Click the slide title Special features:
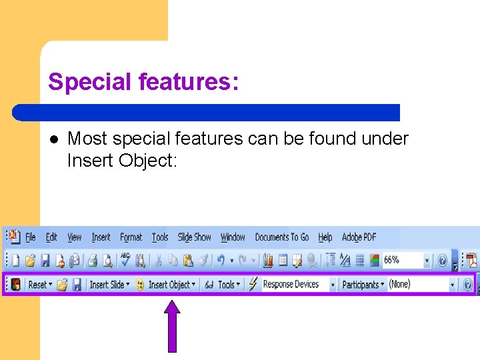pos(143,82)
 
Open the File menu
pos(31,237)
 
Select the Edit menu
pos(51,237)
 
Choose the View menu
pos(75,237)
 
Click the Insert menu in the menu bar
pos(101,237)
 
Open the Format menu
pos(131,237)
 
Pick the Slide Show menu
pos(194,237)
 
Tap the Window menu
pos(233,237)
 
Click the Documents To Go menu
pos(282,237)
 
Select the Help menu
pos(325,237)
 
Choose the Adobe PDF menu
pos(359,237)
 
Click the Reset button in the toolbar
pos(37,285)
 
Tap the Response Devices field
pos(291,285)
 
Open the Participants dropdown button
pos(363,285)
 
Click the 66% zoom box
pos(401,260)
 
